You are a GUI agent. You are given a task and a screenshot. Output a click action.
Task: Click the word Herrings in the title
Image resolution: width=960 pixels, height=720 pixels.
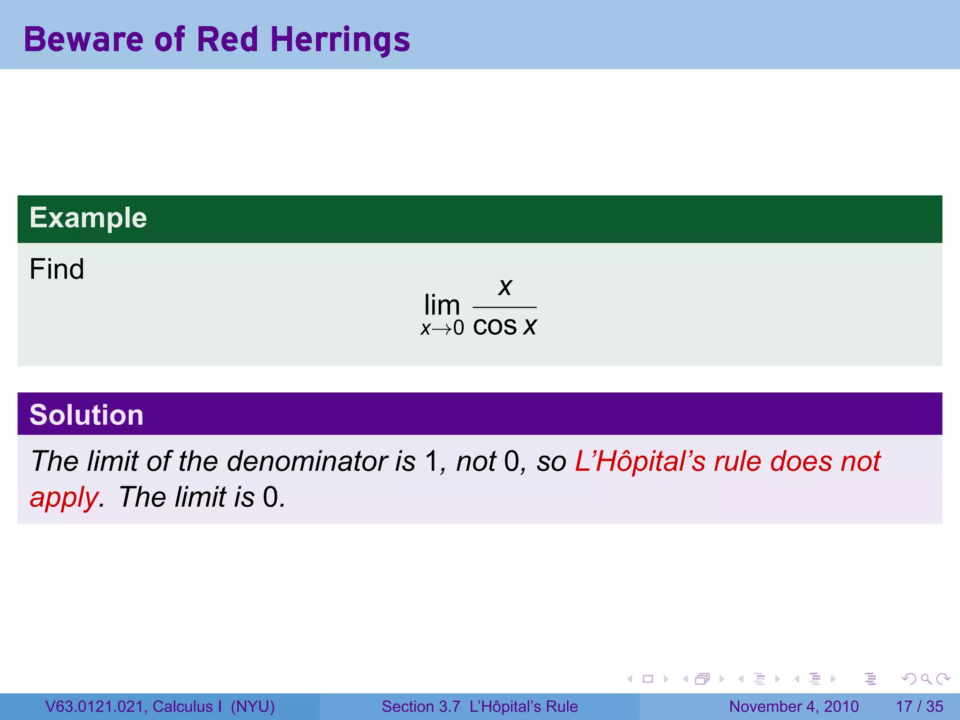pyautogui.click(x=340, y=39)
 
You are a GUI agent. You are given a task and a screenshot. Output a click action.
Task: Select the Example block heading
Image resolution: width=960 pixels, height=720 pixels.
pyautogui.click(x=88, y=218)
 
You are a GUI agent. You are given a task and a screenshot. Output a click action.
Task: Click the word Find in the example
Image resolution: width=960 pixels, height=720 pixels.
pyautogui.click(x=57, y=269)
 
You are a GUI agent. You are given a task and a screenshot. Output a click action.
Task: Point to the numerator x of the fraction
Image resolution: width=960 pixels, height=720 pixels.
pyautogui.click(x=505, y=286)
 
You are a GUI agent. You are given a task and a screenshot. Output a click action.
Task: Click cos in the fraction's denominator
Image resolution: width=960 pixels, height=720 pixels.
pyautogui.click(x=495, y=326)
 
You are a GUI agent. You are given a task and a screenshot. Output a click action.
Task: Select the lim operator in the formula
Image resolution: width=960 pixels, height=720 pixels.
pyautogui.click(x=442, y=305)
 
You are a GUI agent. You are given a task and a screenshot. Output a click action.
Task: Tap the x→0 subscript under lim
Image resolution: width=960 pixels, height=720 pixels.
pyautogui.click(x=442, y=328)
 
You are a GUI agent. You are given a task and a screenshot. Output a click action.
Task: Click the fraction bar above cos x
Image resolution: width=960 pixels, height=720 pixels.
pyautogui.click(x=504, y=307)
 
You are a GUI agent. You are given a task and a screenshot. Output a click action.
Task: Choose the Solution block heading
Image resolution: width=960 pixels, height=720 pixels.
pyautogui.click(x=86, y=415)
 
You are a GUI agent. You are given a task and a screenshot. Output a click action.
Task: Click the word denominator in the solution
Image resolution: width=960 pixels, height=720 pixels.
pyautogui.click(x=307, y=461)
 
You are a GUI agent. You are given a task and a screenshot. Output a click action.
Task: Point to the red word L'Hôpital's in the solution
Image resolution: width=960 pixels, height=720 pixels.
pyautogui.click(x=640, y=461)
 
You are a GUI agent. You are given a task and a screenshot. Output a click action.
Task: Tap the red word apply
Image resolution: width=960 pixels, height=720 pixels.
pyautogui.click(x=64, y=497)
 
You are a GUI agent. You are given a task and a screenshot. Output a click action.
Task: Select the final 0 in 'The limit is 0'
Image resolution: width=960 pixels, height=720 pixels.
pyautogui.click(x=270, y=497)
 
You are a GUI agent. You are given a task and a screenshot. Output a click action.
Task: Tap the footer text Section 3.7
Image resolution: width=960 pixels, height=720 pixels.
pyautogui.click(x=420, y=706)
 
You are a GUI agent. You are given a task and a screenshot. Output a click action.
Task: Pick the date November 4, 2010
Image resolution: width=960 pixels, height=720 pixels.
pyautogui.click(x=794, y=706)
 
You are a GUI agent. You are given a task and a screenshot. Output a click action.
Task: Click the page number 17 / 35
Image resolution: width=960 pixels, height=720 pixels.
pyautogui.click(x=919, y=706)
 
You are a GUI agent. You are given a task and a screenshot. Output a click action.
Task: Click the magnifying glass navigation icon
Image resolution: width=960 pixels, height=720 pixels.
pyautogui.click(x=926, y=679)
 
